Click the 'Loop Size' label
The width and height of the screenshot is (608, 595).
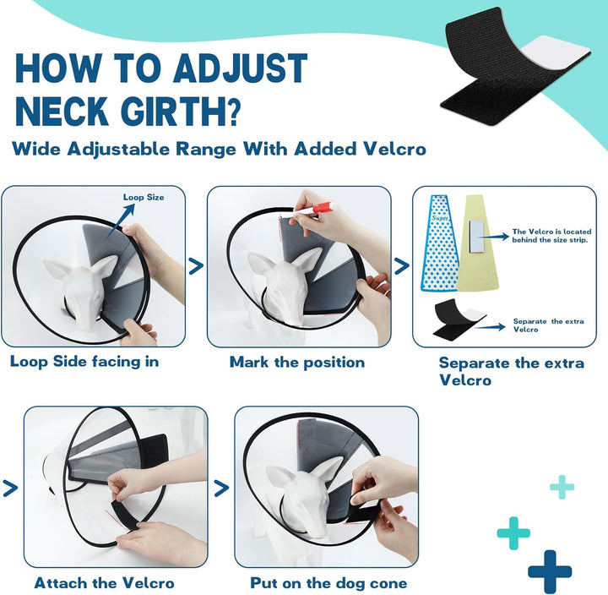tap(144, 198)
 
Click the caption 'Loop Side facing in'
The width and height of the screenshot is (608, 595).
tap(84, 362)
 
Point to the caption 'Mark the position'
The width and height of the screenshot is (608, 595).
tap(297, 362)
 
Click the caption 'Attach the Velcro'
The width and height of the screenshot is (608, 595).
tap(105, 582)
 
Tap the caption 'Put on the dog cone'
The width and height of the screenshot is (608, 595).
tap(328, 582)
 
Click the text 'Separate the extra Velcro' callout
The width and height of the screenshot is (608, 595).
tap(539, 325)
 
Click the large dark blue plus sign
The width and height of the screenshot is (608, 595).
tap(550, 570)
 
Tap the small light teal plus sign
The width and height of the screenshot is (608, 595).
tap(562, 486)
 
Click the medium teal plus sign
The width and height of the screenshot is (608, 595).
tap(513, 533)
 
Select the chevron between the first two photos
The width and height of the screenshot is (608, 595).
tap(196, 266)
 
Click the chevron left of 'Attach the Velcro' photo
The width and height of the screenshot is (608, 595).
tap(11, 488)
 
